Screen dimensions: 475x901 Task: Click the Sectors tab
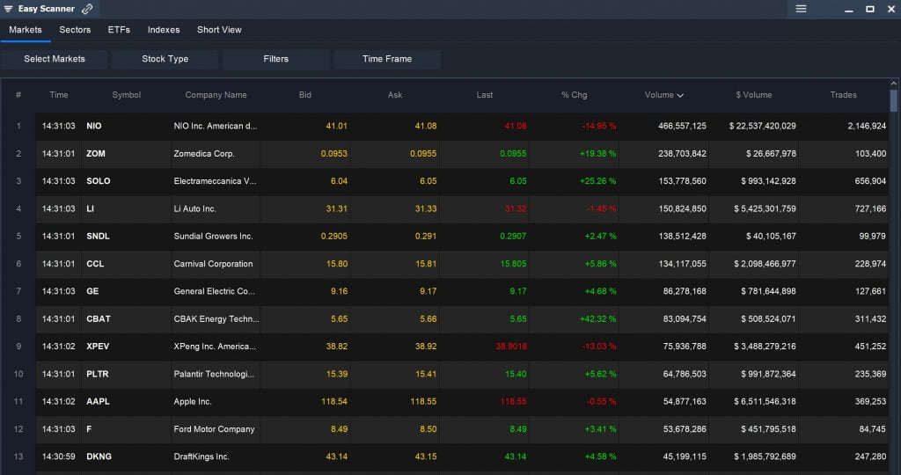[x=75, y=30]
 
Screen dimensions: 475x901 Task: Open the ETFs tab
[x=119, y=30]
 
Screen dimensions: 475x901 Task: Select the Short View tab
[x=219, y=30]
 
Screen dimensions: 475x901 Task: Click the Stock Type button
[x=165, y=59]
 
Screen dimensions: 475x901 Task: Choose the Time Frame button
[x=386, y=59]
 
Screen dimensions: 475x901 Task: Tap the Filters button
[x=275, y=59]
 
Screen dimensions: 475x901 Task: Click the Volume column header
[x=663, y=95]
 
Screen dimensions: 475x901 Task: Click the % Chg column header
[x=574, y=95]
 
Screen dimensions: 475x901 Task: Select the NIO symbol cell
[x=94, y=126]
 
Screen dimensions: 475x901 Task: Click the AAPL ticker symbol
[x=98, y=401]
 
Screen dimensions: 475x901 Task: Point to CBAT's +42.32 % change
[x=598, y=318]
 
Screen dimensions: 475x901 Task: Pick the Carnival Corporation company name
[x=213, y=264]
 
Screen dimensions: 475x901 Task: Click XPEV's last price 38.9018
[x=510, y=347]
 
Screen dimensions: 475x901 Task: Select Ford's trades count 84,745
[x=867, y=429]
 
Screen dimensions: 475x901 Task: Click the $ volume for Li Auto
[x=762, y=208]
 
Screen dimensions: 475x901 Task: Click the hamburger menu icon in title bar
[x=801, y=9]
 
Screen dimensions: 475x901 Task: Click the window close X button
[x=890, y=9]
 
